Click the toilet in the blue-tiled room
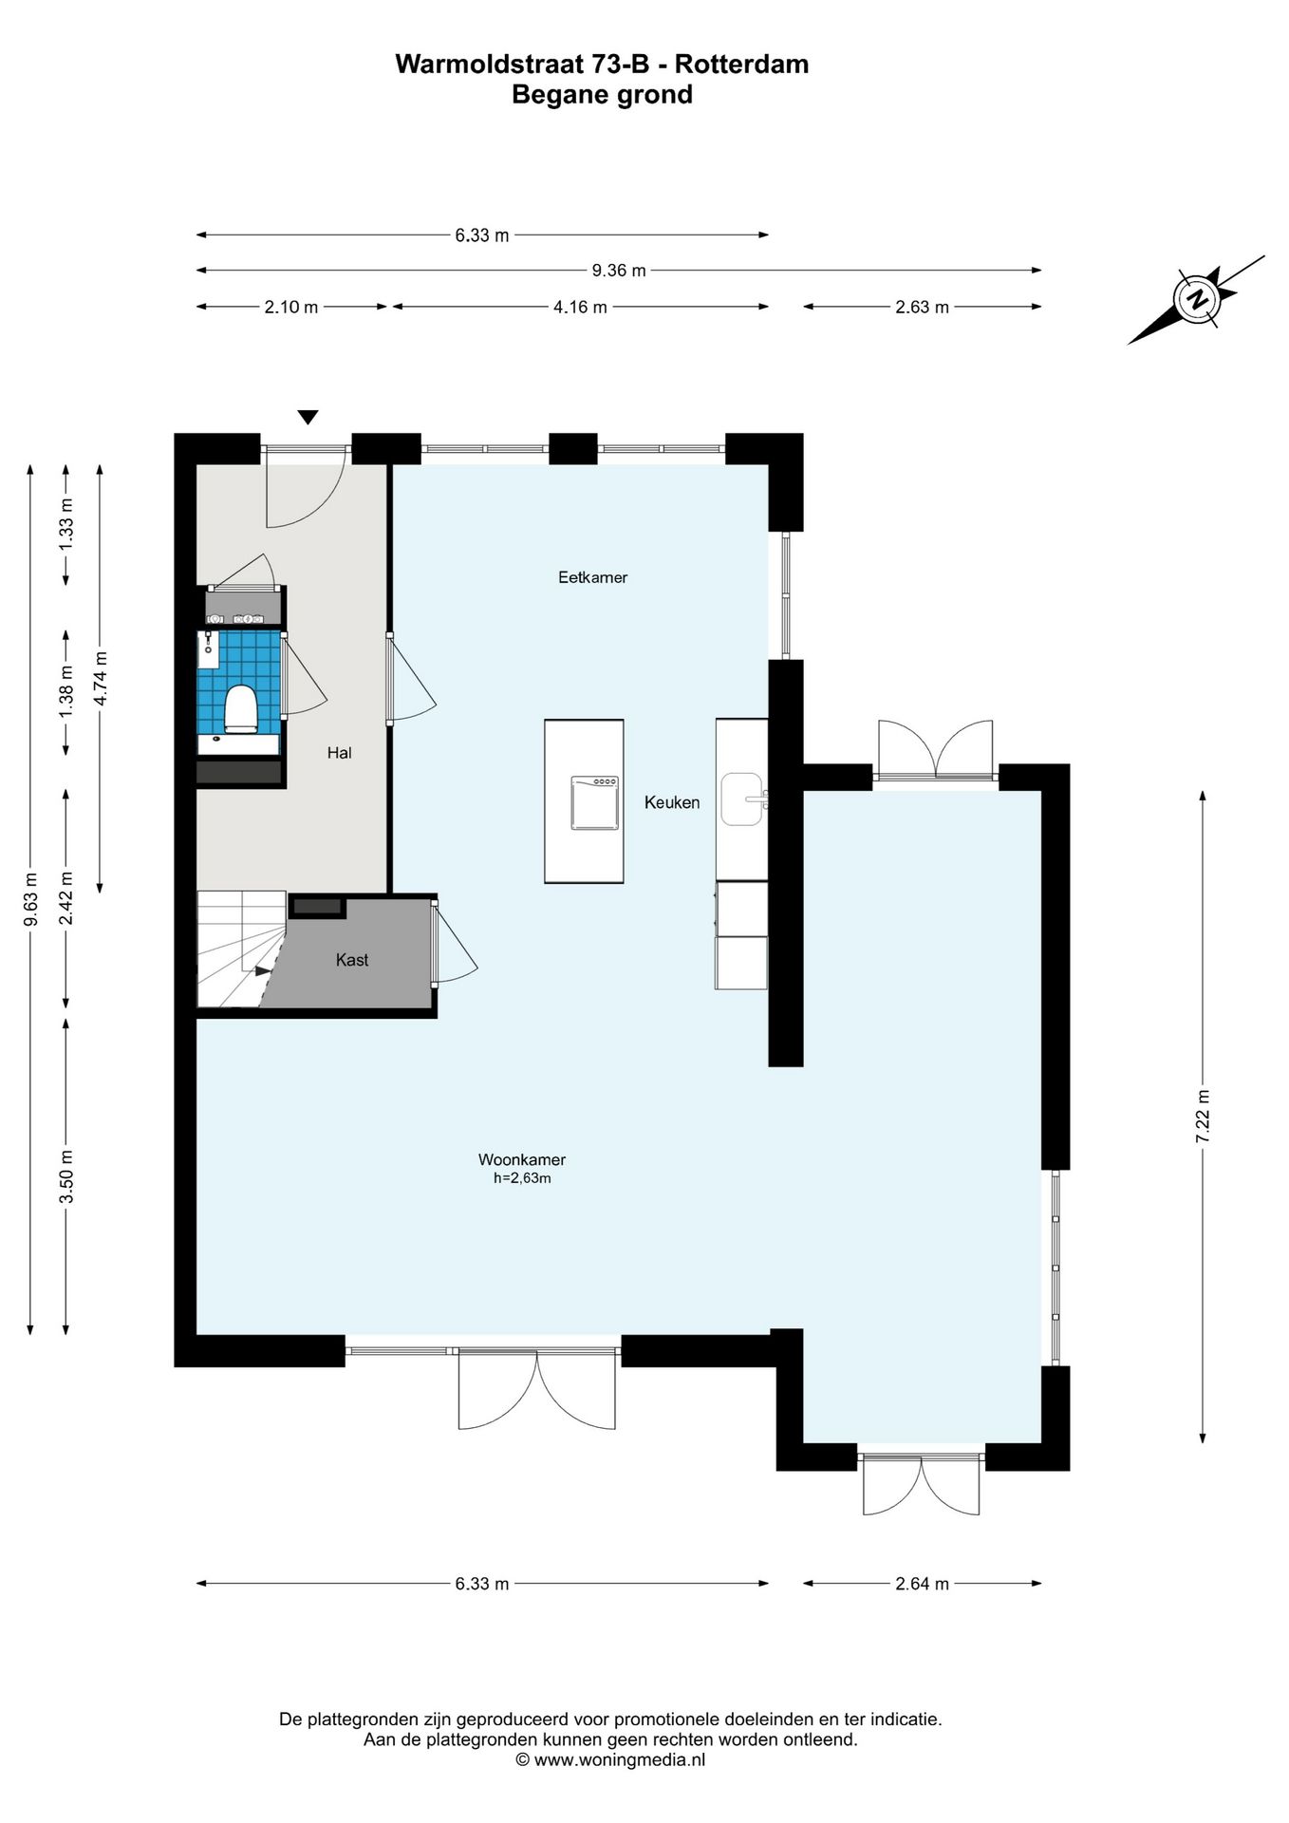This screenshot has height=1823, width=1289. [241, 708]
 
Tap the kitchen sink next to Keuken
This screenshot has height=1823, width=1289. [743, 799]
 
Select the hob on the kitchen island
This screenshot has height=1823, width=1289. [594, 802]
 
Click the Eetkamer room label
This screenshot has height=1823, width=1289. [592, 577]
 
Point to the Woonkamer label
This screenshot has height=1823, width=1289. [522, 1159]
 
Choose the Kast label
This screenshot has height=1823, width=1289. [352, 960]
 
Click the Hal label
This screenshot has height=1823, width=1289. [339, 753]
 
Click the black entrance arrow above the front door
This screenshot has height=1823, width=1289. [308, 417]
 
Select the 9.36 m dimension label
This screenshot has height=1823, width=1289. [619, 271]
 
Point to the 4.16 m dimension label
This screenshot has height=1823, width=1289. [580, 307]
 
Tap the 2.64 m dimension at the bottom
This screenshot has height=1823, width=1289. [922, 1584]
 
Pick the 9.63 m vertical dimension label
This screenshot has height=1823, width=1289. [30, 899]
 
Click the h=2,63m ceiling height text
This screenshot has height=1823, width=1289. [522, 1178]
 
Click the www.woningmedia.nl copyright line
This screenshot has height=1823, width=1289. [610, 1759]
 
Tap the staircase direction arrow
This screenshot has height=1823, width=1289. [263, 970]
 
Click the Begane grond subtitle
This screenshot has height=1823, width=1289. [602, 95]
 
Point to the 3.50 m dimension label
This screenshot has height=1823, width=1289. [66, 1176]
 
